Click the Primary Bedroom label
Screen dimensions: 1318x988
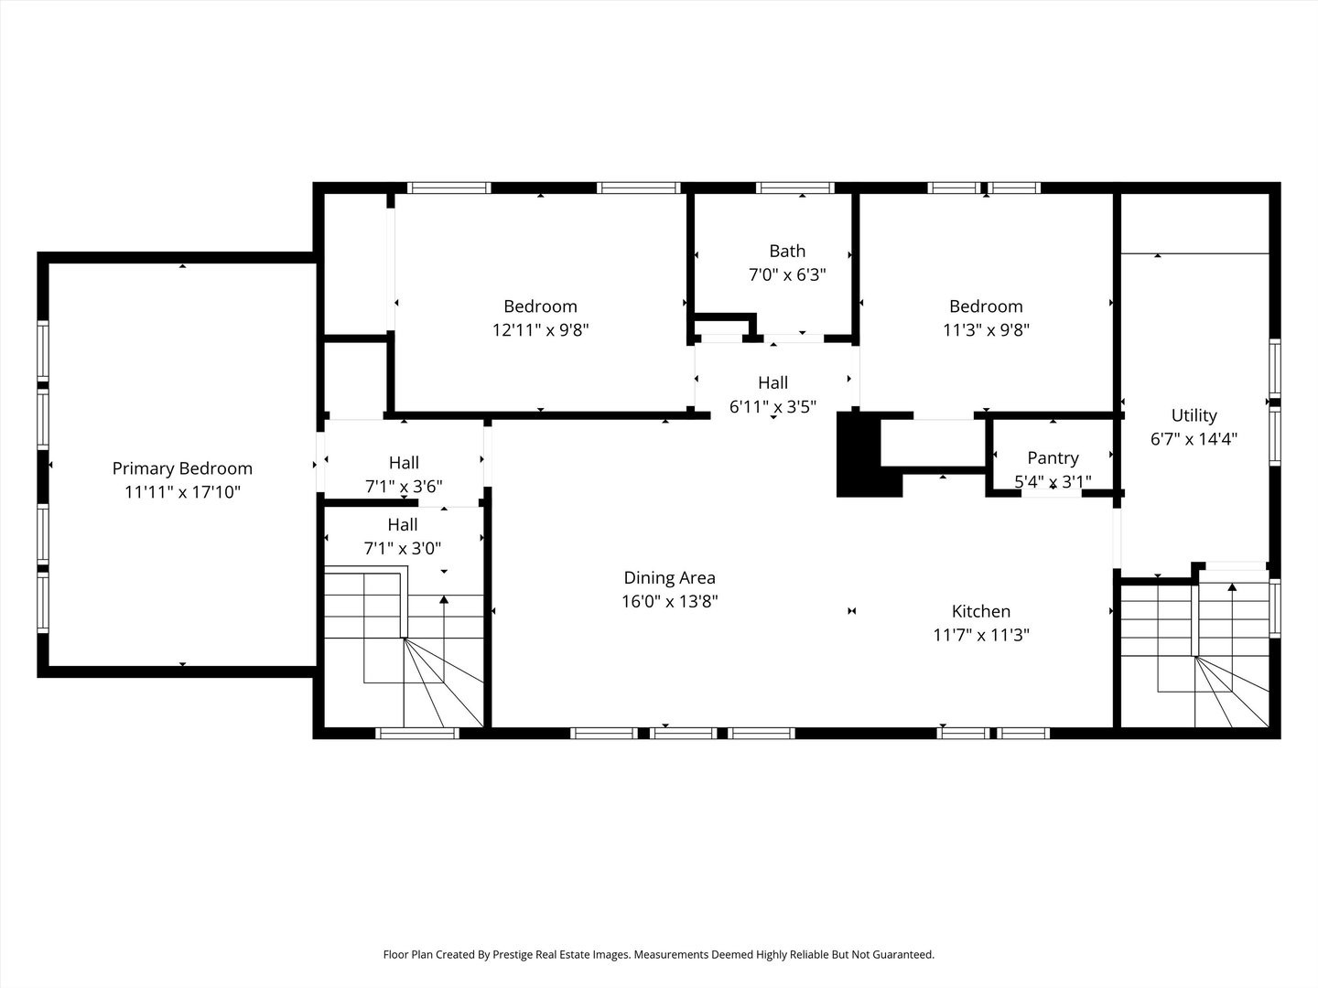coord(182,469)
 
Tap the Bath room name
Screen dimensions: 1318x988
coord(787,251)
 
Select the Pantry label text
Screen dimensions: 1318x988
coord(1053,458)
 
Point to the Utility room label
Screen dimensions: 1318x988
coord(1194,415)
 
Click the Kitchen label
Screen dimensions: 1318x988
coord(980,611)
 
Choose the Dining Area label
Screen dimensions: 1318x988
coord(669,577)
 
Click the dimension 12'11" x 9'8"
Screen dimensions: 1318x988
coord(540,330)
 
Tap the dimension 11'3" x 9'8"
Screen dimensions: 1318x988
coord(986,330)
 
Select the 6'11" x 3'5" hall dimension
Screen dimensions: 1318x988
coord(772,407)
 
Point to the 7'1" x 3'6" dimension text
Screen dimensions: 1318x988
coord(404,486)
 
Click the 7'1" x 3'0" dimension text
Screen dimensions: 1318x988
coord(403,548)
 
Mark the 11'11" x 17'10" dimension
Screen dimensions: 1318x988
coord(182,492)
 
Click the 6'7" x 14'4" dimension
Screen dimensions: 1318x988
coord(1194,439)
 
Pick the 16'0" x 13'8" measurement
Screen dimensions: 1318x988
coord(669,601)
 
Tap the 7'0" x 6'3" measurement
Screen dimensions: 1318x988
coord(787,274)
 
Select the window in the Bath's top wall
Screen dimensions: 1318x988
coord(795,188)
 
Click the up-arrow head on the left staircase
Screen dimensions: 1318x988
coord(444,599)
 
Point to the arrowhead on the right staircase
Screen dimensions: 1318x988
coord(1232,586)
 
